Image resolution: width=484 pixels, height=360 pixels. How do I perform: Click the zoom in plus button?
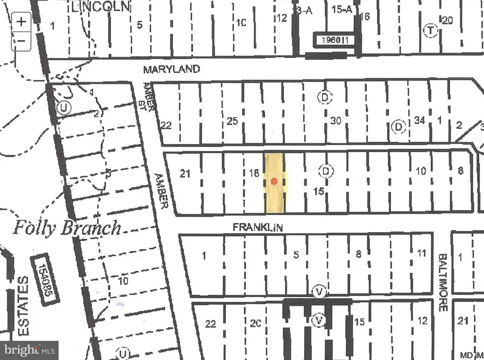[x=21, y=22]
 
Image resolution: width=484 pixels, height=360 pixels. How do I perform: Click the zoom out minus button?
[x=21, y=40]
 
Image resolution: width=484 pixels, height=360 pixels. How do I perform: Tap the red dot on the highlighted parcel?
[x=274, y=181]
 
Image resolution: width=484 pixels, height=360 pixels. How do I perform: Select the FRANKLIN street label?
[x=258, y=228]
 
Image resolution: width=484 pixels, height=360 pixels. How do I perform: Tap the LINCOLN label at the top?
[x=102, y=6]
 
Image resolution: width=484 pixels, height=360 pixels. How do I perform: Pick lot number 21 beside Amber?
[x=186, y=173]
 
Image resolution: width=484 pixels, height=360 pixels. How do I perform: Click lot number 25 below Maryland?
[x=232, y=121]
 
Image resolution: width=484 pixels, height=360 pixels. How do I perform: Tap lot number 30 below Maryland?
[x=336, y=121]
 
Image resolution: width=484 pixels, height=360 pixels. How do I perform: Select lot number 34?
[x=419, y=120]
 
